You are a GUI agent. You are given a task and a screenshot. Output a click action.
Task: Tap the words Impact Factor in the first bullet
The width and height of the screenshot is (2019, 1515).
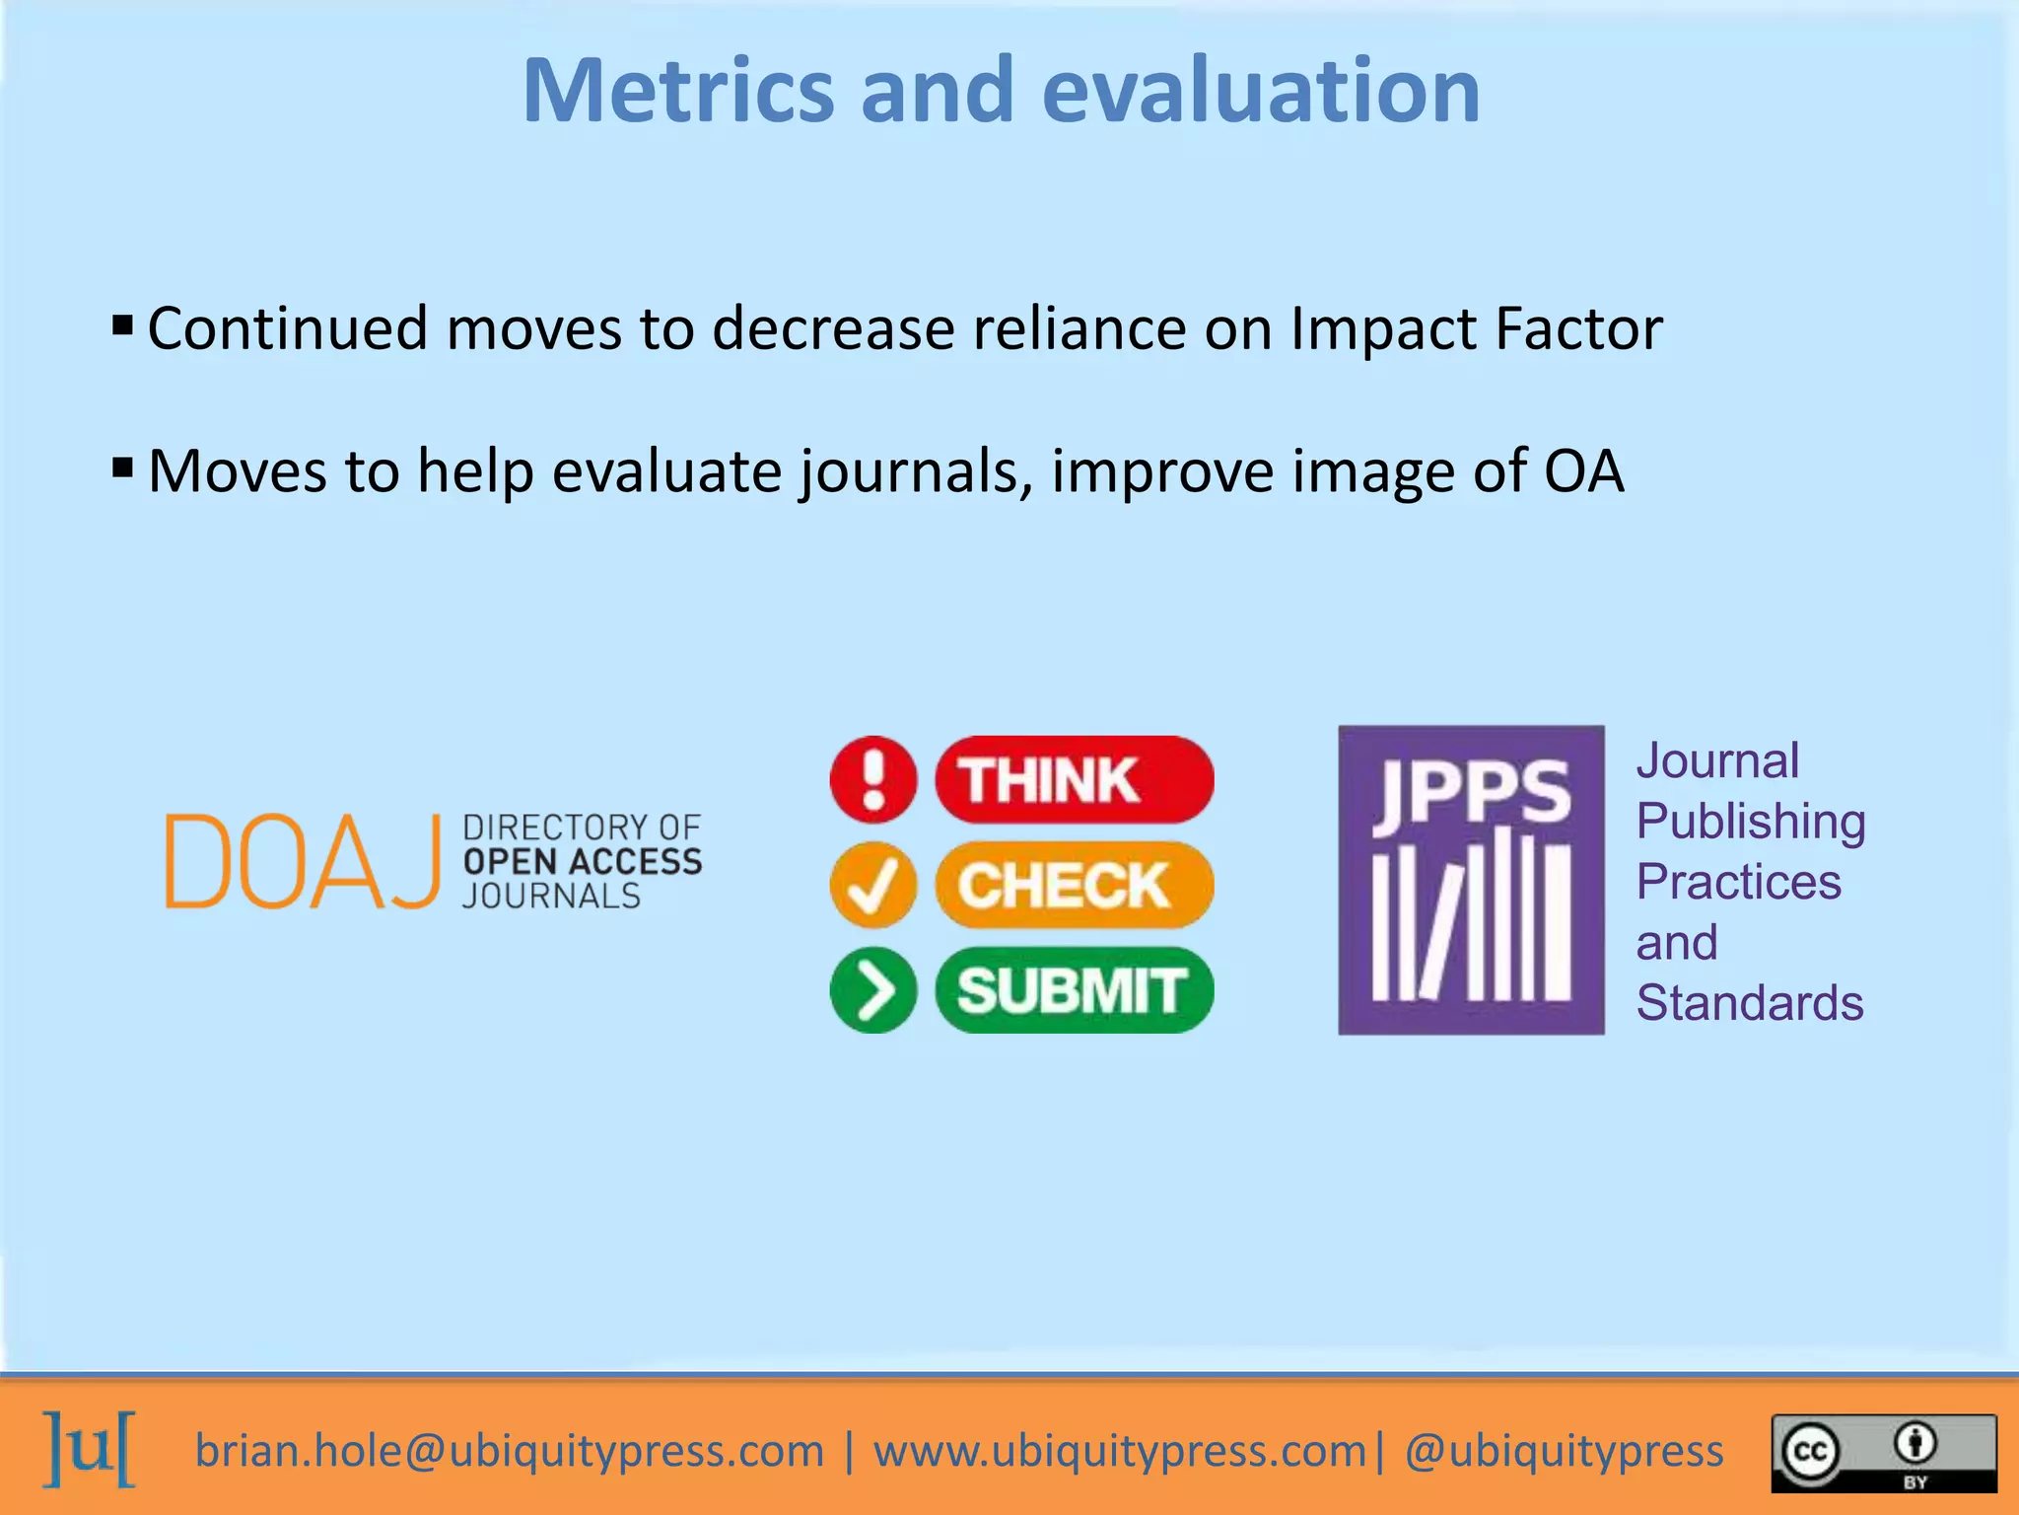(x=1476, y=328)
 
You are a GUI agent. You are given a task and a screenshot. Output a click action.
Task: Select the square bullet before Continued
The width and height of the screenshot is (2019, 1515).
(x=122, y=325)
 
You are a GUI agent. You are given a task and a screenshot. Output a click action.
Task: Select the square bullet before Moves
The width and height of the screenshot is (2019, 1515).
(x=122, y=467)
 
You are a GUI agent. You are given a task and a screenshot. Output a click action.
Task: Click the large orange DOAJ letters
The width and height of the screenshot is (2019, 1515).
(x=302, y=861)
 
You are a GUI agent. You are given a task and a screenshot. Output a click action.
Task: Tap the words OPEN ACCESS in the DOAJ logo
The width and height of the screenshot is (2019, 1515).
(x=582, y=861)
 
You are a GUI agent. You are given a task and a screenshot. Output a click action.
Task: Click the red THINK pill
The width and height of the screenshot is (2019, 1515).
(x=1074, y=779)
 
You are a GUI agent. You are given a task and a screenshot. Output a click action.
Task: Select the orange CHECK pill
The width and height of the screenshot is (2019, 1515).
(x=1074, y=885)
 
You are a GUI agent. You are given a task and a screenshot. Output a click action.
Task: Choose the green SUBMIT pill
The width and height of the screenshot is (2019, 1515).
(x=1074, y=990)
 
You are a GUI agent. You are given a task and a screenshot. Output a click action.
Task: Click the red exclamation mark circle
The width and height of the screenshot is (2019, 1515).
(x=873, y=779)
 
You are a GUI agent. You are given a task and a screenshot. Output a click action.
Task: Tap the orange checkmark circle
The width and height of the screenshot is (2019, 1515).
(x=873, y=885)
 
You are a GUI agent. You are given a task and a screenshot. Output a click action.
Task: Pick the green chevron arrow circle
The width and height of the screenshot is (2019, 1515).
(x=873, y=990)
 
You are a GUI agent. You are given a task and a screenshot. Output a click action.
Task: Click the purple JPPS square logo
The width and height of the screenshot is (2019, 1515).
(x=1470, y=880)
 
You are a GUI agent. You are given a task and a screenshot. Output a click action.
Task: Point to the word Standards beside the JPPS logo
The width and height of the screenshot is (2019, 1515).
(x=1749, y=1003)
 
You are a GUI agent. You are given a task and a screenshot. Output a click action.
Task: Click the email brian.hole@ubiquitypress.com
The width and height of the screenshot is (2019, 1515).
(x=509, y=1451)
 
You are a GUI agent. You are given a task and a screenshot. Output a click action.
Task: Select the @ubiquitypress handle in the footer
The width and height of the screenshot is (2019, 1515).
(x=1564, y=1451)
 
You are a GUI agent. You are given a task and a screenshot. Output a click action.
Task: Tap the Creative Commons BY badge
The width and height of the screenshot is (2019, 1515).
(x=1883, y=1453)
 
